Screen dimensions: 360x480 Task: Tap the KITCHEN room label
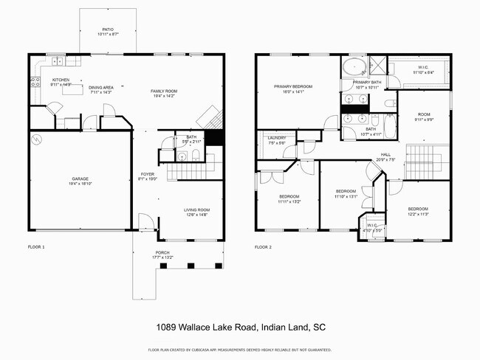pyautogui.click(x=60, y=80)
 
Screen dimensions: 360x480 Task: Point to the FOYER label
pyautogui.click(x=148, y=174)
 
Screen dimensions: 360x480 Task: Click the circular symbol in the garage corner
pyautogui.click(x=37, y=138)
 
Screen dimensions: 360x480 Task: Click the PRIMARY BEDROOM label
pyautogui.click(x=293, y=86)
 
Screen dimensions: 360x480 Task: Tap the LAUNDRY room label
pyautogui.click(x=277, y=138)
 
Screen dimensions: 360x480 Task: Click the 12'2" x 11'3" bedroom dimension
pyautogui.click(x=417, y=214)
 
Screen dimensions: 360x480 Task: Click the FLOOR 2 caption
pyautogui.click(x=263, y=247)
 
